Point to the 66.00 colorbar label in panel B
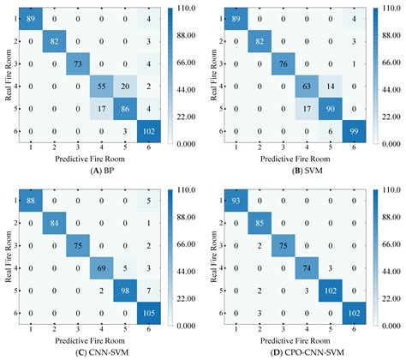coord(396,64)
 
